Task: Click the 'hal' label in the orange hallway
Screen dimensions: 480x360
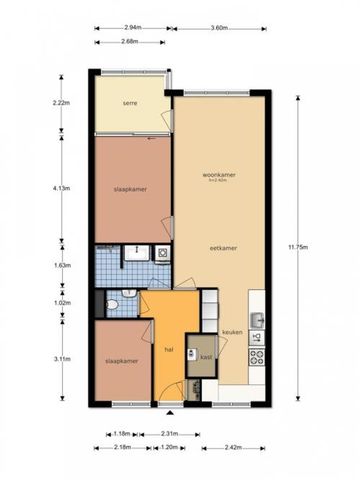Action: tap(169, 350)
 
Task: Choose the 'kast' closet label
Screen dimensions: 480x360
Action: tap(205, 357)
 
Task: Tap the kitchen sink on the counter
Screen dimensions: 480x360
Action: tap(258, 320)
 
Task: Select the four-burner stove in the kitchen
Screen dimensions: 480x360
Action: tap(257, 354)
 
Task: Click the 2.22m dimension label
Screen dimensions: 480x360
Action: tap(62, 102)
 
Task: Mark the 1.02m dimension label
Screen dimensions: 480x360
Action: tap(62, 303)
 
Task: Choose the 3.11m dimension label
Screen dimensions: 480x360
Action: tap(62, 357)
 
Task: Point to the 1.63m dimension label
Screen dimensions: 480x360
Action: tap(62, 266)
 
